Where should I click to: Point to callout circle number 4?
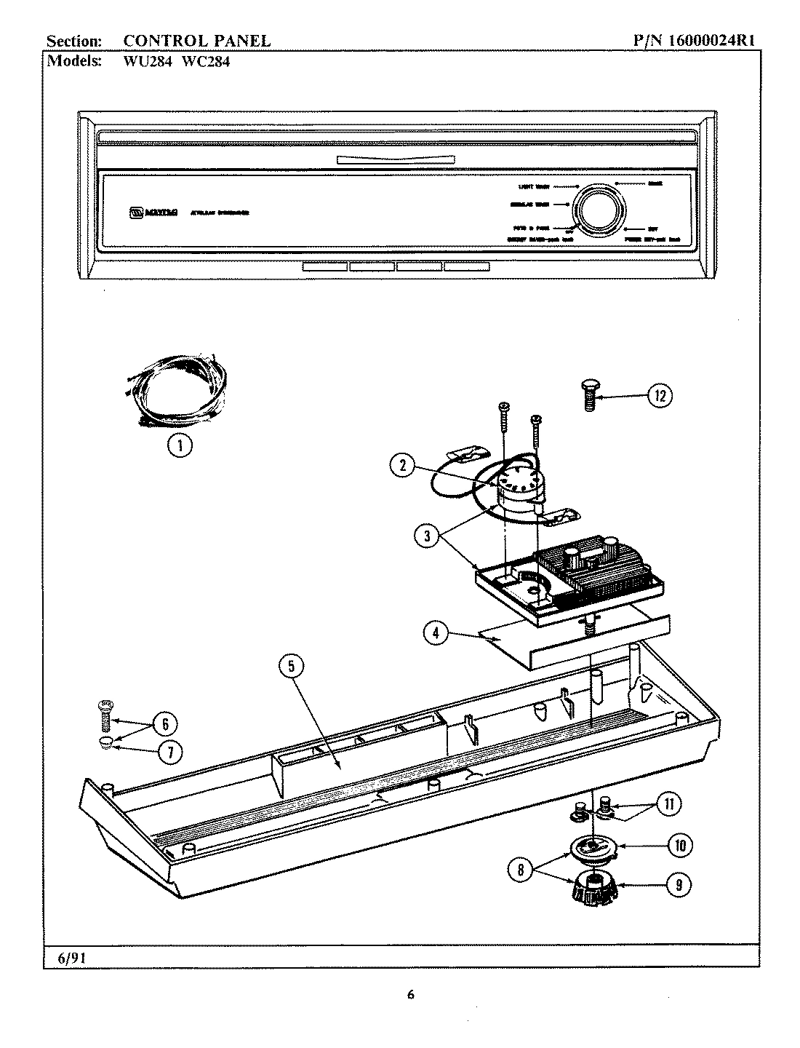coord(436,632)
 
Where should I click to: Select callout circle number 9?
coord(678,885)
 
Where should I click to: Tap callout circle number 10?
coord(679,845)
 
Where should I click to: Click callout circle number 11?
coord(669,803)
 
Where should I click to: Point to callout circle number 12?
coord(659,396)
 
